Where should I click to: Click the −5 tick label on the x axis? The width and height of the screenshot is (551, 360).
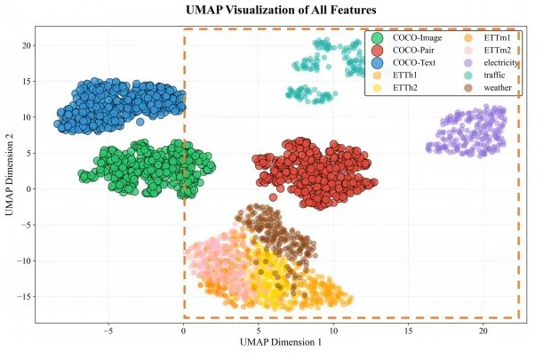click(x=108, y=330)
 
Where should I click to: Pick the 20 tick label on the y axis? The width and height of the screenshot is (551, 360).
click(x=27, y=44)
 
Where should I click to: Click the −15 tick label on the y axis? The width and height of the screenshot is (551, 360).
click(x=25, y=296)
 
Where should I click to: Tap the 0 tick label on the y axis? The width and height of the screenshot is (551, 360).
click(x=29, y=188)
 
